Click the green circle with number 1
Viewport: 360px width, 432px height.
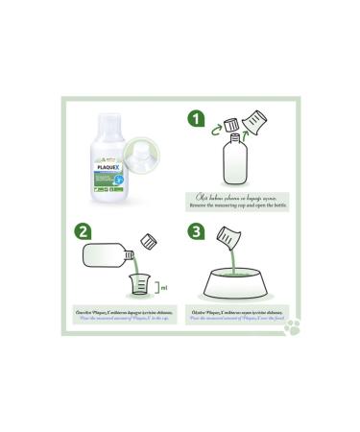point(196,120)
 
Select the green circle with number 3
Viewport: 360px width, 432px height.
point(196,231)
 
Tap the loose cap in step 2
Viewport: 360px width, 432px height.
point(149,240)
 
